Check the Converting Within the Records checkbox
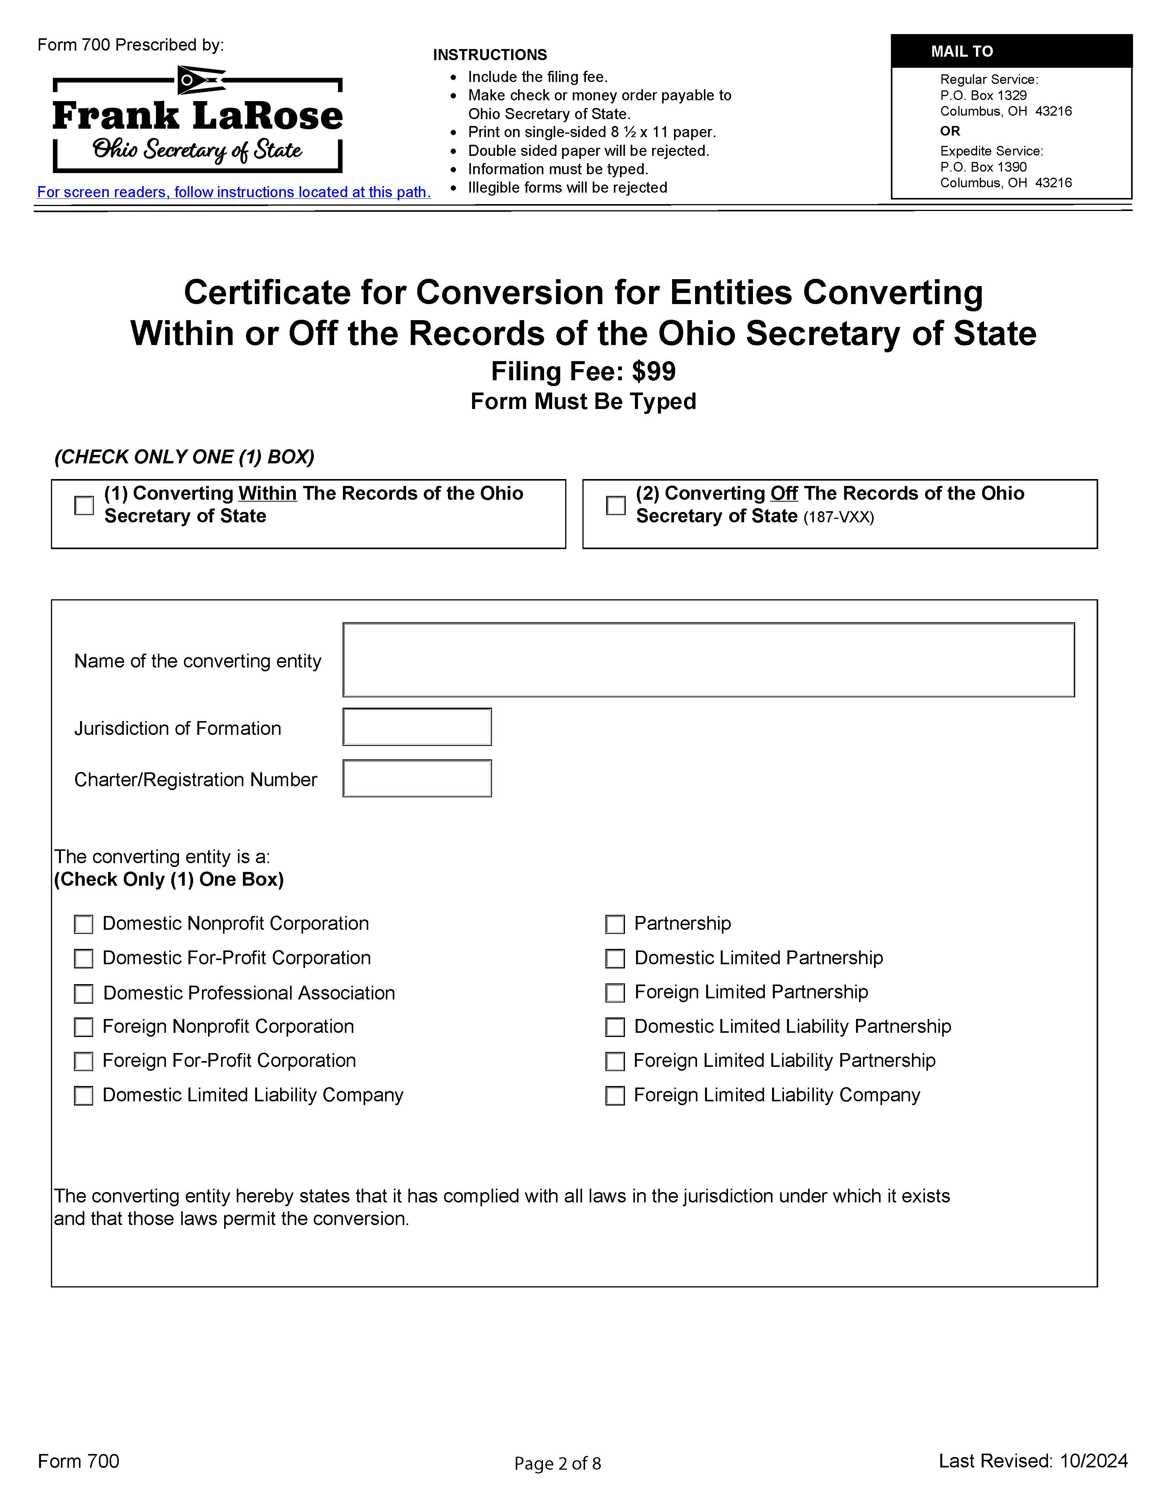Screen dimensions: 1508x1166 [84, 505]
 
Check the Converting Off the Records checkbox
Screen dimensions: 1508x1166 [615, 505]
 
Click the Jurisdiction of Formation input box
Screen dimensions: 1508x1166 [417, 727]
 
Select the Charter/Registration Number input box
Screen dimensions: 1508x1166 [417, 779]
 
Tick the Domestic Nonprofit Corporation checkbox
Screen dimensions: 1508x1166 [84, 924]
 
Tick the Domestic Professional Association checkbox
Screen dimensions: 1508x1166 [84, 994]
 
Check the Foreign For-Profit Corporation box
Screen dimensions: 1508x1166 [84, 1061]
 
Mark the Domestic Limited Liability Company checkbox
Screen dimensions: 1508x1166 [84, 1096]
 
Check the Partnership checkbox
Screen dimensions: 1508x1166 [615, 924]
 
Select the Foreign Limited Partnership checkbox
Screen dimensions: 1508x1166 [615, 993]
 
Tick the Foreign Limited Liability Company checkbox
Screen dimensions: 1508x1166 [615, 1096]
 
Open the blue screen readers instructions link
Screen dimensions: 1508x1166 [233, 193]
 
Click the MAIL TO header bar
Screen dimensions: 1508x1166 [1011, 51]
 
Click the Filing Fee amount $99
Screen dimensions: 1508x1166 [653, 372]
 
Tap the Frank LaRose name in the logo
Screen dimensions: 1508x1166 [198, 116]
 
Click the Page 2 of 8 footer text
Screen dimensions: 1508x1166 [558, 1463]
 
